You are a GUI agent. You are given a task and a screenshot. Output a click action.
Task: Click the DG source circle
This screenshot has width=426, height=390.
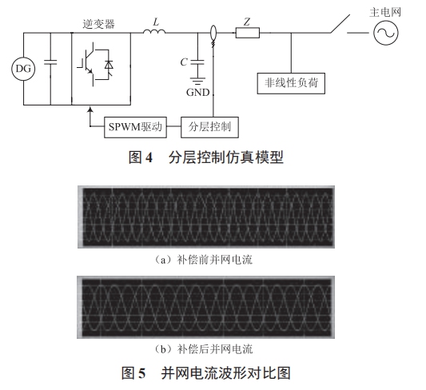pos(22,70)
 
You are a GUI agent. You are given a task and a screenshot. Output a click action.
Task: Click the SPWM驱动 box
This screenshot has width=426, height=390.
pos(135,126)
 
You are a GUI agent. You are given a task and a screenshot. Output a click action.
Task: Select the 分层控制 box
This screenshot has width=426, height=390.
pos(211,126)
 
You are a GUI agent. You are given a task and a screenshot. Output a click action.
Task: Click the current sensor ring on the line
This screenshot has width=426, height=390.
pos(213,34)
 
